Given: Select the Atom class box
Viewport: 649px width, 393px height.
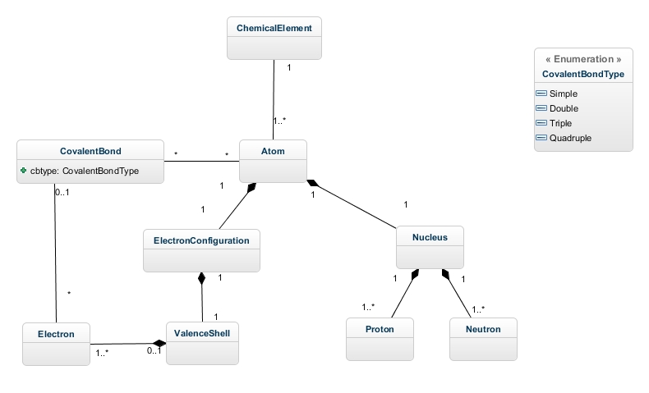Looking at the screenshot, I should [274, 160].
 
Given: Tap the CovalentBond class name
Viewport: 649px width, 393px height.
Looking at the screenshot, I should [91, 151].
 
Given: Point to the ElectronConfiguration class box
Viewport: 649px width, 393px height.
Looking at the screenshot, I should [202, 249].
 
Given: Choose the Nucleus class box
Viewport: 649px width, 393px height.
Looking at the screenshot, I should [430, 246].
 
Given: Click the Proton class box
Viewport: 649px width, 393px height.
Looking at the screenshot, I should [380, 339].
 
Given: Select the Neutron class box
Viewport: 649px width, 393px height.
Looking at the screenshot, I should [483, 339].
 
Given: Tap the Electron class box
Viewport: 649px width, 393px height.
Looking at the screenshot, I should [56, 343].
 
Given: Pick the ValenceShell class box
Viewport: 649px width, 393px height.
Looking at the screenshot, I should [202, 343].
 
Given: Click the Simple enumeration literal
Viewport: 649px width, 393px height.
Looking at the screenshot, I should [563, 94].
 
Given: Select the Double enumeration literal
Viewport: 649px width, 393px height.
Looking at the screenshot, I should [564, 108].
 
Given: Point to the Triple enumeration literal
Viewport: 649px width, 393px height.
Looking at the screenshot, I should [561, 123].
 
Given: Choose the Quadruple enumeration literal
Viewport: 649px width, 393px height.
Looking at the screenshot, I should [568, 138].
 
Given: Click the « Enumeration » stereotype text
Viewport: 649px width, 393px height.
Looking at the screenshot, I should [583, 60].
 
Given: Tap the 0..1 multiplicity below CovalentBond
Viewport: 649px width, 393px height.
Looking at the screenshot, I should [62, 192].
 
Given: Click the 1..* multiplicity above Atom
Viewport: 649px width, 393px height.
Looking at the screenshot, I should [280, 121].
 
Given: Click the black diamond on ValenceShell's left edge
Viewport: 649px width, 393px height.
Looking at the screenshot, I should [160, 344].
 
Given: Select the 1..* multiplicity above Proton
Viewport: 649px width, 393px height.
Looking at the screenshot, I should [368, 307].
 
